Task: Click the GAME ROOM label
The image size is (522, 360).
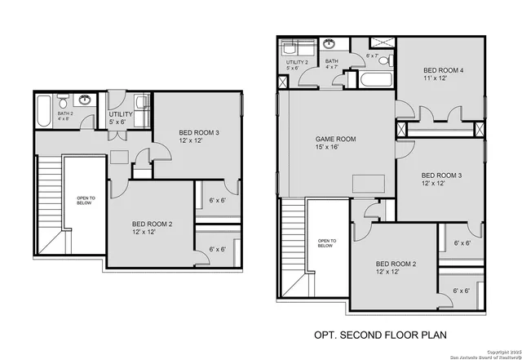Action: coord(335,140)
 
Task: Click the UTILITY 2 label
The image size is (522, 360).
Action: coord(297,62)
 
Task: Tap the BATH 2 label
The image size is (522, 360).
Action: coord(65,113)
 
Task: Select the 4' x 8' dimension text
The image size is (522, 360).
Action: coord(65,119)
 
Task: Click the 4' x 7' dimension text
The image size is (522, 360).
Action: coord(332,69)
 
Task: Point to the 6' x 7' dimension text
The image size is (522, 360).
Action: coord(373,56)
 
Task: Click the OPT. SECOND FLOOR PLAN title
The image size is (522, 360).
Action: coord(381,335)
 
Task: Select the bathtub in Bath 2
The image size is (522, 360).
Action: coord(44,107)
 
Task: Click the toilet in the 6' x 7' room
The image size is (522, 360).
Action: coord(388,61)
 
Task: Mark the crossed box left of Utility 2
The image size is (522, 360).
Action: coord(282,81)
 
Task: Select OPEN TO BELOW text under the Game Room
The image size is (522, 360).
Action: coord(325,243)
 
